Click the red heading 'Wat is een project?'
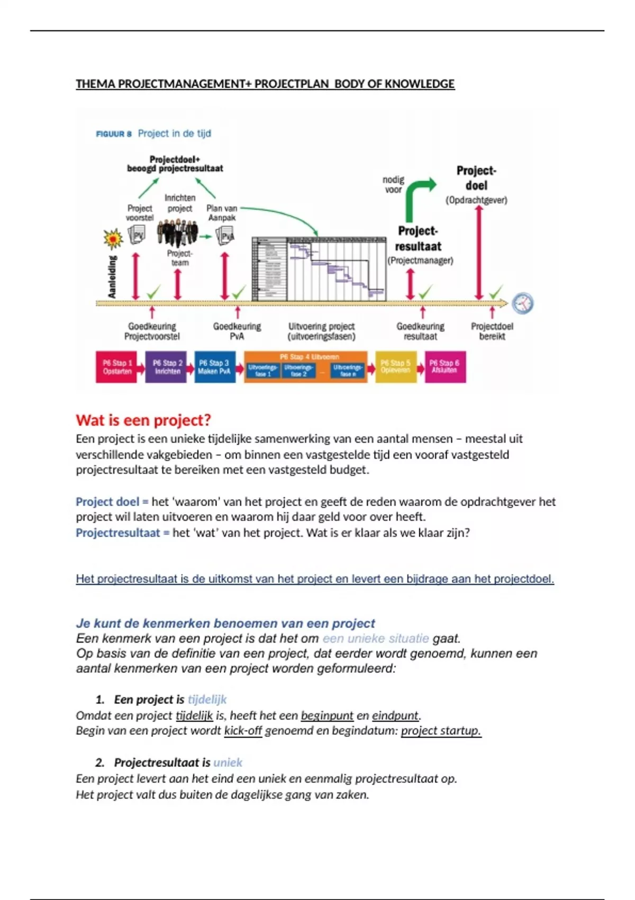tap(143, 420)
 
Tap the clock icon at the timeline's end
tap(523, 303)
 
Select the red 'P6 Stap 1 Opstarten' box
tap(116, 367)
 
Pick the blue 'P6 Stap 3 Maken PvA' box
tap(214, 367)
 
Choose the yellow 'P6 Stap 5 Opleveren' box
tap(395, 367)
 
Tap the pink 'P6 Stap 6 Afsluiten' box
tap(444, 367)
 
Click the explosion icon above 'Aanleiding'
tap(113, 239)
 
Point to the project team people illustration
tap(178, 233)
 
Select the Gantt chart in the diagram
tap(319, 268)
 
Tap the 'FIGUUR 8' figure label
tap(113, 134)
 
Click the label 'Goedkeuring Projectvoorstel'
tap(152, 331)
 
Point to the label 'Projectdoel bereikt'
tap(492, 331)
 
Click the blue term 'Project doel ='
tap(112, 502)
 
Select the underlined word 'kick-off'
tap(243, 731)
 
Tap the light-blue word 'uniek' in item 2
tap(228, 763)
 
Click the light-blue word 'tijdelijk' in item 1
tap(207, 700)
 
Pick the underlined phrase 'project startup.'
tap(441, 731)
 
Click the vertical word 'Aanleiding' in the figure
tap(112, 276)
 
